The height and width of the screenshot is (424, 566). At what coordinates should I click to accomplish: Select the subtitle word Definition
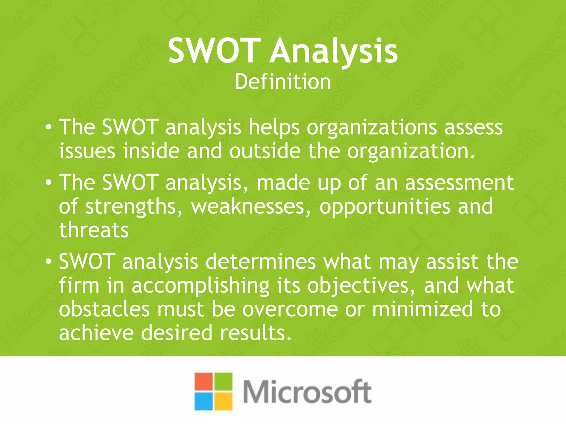pyautogui.click(x=283, y=82)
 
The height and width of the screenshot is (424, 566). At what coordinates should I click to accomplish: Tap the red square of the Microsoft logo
pyautogui.click(x=203, y=382)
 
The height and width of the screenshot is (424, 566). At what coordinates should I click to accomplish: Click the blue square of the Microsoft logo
pyautogui.click(x=203, y=401)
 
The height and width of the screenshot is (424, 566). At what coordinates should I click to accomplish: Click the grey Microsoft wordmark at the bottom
pyautogui.click(x=307, y=392)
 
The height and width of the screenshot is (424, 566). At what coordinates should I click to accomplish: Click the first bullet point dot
pyautogui.click(x=49, y=128)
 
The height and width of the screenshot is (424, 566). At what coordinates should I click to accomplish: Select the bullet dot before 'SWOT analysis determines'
pyautogui.click(x=49, y=262)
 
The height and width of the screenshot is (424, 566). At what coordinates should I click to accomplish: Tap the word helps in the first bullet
pyautogui.click(x=274, y=128)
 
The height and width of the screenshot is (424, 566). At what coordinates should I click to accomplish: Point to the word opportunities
pyautogui.click(x=385, y=206)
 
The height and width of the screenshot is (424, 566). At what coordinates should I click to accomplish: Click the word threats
pyautogui.click(x=94, y=230)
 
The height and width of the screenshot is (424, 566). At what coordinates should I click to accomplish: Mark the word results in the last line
pyautogui.click(x=256, y=333)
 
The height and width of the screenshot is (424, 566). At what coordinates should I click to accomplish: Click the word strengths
pyautogui.click(x=134, y=206)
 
